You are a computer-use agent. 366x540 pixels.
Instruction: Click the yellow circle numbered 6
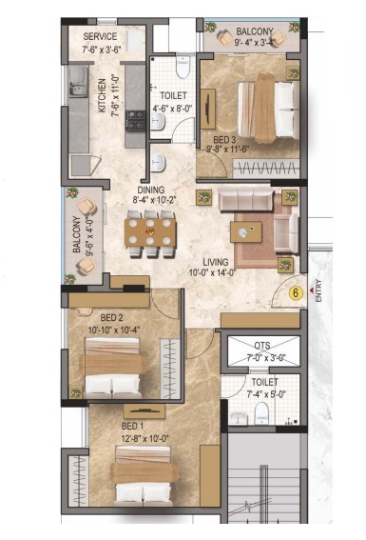(x=296, y=293)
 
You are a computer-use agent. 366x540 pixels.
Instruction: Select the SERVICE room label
(x=100, y=36)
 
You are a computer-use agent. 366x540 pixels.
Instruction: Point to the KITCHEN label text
(x=102, y=96)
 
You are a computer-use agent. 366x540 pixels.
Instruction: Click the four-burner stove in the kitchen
(x=135, y=120)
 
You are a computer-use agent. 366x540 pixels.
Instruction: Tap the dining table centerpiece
(x=150, y=231)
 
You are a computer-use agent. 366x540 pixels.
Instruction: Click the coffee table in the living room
(x=246, y=232)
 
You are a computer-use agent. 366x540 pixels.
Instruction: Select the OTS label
(x=262, y=345)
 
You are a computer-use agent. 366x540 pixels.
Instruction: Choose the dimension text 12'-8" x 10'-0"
(x=144, y=439)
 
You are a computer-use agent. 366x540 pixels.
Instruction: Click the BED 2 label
(x=111, y=317)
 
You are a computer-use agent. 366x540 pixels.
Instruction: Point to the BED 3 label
(x=224, y=140)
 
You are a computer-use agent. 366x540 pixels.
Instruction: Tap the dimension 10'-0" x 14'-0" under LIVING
(x=212, y=272)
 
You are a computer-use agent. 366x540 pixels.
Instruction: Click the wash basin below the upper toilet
(x=158, y=162)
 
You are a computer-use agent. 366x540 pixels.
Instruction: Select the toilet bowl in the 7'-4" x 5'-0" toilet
(x=261, y=413)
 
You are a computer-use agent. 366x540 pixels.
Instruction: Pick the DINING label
(x=151, y=190)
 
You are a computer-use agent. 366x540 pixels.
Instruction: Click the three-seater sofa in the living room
(x=245, y=199)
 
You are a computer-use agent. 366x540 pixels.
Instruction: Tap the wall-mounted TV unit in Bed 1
(x=144, y=410)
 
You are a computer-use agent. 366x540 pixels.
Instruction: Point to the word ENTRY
(x=318, y=291)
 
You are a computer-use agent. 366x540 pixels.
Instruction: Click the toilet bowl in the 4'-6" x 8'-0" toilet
(x=183, y=67)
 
